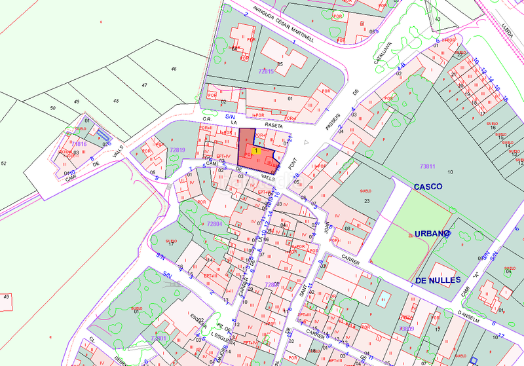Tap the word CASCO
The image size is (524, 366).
tap(428, 187)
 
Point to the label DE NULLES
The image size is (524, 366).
tap(438, 280)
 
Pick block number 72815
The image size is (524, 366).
tap(267, 71)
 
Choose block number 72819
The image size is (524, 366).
tap(178, 151)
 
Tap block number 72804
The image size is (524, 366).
tap(215, 224)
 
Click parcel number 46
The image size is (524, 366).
tap(174, 69)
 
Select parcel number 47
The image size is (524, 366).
tap(145, 86)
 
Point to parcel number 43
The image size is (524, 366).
tap(437, 19)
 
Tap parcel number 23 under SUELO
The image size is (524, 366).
tap(367, 200)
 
